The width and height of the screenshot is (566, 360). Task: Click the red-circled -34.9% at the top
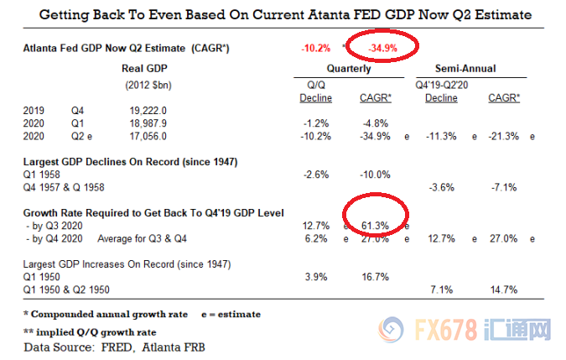(x=382, y=49)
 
